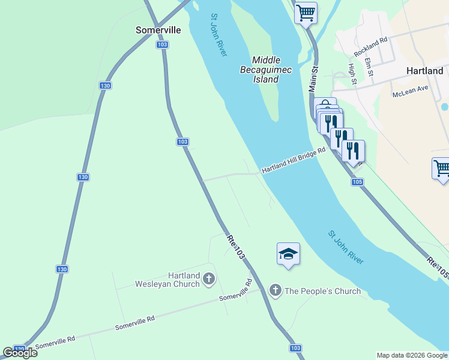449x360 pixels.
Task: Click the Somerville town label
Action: pos(158,29)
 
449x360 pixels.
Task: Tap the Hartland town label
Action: pos(424,70)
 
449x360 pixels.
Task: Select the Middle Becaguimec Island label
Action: pos(271,70)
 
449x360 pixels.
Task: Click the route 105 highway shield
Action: pos(358,182)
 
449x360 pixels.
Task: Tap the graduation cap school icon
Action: pos(288,254)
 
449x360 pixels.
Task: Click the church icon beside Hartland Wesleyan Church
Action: pos(209,278)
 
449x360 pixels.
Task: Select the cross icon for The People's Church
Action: pos(276,291)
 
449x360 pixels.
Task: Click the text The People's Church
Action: pos(322,291)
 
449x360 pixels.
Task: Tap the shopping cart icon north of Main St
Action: pos(306,13)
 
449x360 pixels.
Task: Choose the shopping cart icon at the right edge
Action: pos(441,169)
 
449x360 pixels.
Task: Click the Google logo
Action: pos(20,352)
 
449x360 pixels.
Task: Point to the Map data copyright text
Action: pos(412,355)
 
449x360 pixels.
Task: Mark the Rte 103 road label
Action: pos(236,247)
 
